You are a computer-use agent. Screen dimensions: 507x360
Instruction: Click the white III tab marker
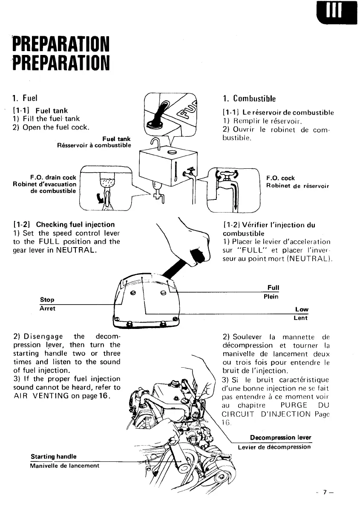coord(334,12)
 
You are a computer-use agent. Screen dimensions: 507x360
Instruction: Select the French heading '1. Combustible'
coord(250,98)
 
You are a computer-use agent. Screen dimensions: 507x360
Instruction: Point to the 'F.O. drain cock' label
coord(53,177)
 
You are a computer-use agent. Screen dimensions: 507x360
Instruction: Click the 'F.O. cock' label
coord(280,178)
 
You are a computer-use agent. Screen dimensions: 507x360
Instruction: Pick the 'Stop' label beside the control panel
coord(47,300)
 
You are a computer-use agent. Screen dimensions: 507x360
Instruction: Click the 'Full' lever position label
coord(273,288)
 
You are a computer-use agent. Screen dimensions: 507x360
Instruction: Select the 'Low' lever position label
coord(301,309)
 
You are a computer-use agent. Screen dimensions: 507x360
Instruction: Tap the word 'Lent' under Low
coord(300,318)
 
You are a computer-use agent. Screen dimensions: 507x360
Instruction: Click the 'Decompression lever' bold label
coord(280,438)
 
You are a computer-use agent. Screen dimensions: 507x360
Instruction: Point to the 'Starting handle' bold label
coord(53,457)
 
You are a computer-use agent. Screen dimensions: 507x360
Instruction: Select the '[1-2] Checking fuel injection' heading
coord(64,224)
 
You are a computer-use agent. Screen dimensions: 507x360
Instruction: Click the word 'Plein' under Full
coord(271,297)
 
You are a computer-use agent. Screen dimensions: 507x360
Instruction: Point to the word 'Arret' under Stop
coord(47,308)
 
